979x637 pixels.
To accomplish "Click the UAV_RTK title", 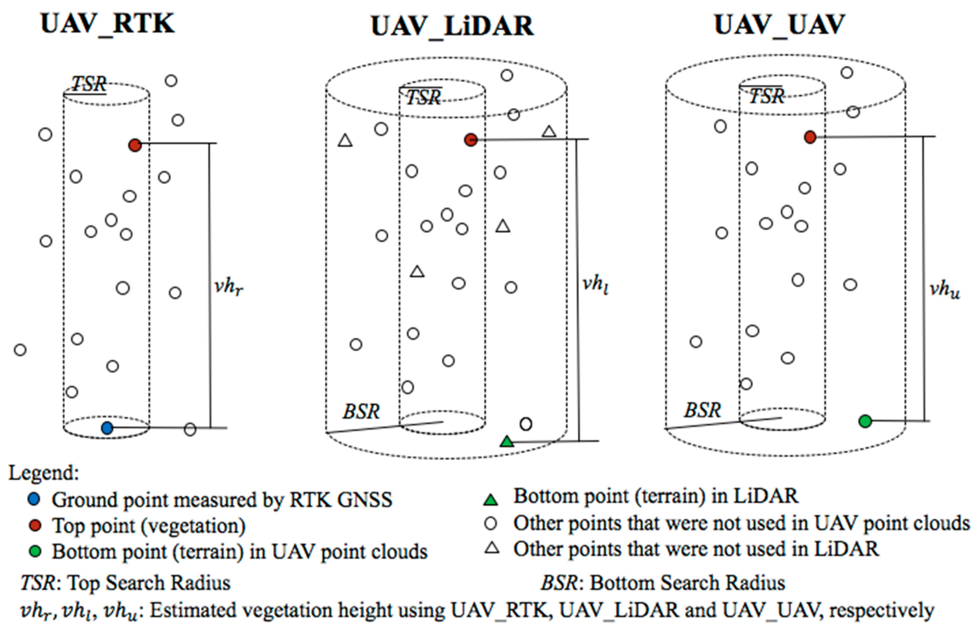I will click(108, 24).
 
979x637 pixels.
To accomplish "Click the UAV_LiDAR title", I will click(452, 26).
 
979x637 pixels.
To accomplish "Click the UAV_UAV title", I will click(779, 25).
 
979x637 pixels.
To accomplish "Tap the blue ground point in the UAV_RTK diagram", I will click(107, 428).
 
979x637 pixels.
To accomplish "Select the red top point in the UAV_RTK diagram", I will click(135, 145).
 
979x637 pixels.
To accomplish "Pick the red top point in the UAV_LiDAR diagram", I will click(471, 140).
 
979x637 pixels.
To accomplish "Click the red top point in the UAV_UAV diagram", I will click(810, 137).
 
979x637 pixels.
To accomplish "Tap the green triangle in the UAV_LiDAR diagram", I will click(507, 442).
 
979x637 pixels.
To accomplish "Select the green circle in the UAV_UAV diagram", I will click(865, 421).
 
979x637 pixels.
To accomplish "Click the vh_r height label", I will click(229, 286).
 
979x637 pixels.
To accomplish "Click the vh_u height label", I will click(945, 290).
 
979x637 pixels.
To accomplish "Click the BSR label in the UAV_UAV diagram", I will click(702, 410).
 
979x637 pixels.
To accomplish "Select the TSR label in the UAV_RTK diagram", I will click(89, 85).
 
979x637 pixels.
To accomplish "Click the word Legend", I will click(44, 473).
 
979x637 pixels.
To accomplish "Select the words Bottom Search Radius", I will click(687, 583).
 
